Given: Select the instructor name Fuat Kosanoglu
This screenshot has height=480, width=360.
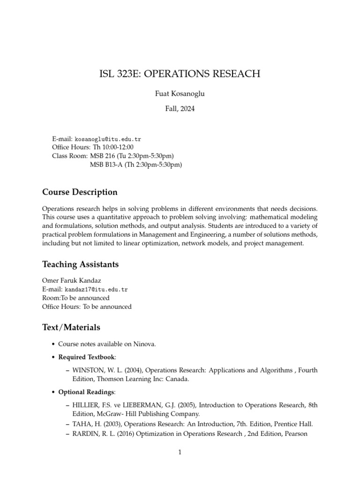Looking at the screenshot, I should (180, 93).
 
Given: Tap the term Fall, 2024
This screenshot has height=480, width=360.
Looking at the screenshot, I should (180, 109).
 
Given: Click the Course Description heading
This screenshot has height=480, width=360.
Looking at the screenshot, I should (80, 192).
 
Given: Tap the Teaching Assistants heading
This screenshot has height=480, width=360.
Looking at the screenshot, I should (80, 264).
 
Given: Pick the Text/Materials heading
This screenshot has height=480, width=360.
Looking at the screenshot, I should (71, 327).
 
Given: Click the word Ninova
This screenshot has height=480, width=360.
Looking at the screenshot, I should (144, 344).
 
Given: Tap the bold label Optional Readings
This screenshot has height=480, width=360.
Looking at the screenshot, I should (86, 391).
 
